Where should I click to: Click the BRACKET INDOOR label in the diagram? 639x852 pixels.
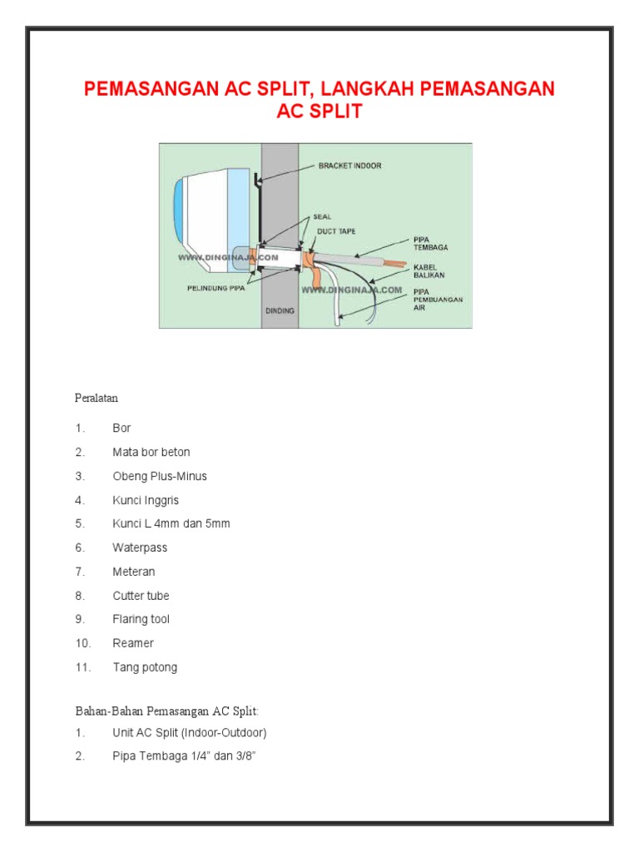(x=349, y=166)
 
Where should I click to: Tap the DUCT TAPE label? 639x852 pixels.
(x=336, y=231)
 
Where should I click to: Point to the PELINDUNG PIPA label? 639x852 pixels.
(x=214, y=290)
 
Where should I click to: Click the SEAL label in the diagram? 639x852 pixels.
(x=323, y=215)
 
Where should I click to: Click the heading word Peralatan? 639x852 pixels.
(x=97, y=399)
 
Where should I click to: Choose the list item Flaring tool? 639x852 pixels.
(x=141, y=620)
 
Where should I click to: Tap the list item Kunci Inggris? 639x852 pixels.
(x=146, y=501)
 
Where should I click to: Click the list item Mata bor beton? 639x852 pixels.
(x=151, y=453)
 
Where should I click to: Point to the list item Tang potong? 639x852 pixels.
(x=145, y=667)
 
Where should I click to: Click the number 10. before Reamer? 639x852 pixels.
(x=82, y=643)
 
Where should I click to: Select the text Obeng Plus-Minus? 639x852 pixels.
(x=160, y=477)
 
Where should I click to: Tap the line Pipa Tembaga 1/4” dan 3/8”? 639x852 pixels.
(x=190, y=757)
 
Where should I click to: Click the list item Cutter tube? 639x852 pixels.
(x=142, y=596)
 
